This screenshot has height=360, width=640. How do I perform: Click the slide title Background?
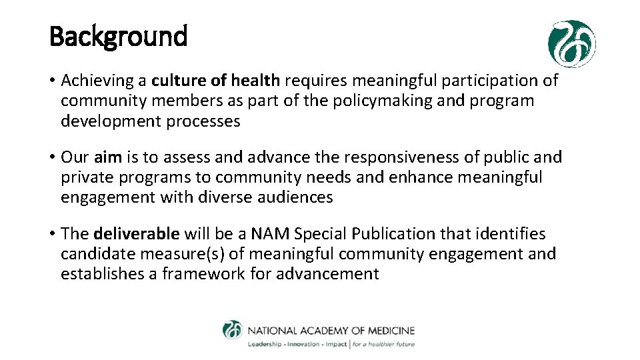119,36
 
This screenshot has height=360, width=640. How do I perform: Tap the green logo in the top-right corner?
571,44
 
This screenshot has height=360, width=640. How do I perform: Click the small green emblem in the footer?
233,331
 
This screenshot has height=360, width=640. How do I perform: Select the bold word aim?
107,157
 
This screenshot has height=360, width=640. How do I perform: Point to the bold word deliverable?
137,234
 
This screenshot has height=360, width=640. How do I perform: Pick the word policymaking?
383,101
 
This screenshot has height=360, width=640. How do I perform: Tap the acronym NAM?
271,234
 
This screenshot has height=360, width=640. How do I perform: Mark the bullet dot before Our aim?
52,158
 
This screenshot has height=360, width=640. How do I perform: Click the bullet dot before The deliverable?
52,235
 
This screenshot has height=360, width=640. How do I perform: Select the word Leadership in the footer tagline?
265,345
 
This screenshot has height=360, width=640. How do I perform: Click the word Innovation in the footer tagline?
302,345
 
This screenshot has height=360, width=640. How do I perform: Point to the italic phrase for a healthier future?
383,345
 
